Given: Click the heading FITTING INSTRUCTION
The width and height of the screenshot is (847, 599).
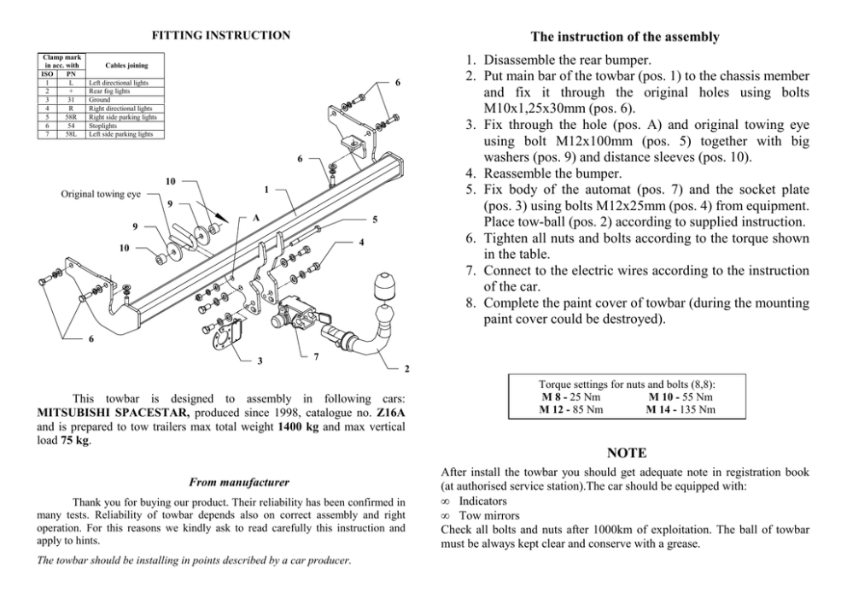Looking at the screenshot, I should tap(220, 35).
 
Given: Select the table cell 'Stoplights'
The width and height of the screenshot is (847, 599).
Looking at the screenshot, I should tap(102, 126).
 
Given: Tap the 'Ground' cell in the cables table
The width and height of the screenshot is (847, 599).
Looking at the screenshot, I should tap(99, 100).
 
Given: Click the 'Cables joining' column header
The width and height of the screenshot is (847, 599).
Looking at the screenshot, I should tap(126, 65).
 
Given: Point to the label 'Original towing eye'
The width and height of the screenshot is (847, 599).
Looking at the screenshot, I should tap(101, 194).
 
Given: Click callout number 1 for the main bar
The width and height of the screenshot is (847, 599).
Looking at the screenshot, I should tap(266, 189).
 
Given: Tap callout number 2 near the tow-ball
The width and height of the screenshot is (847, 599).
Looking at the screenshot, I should tap(407, 368).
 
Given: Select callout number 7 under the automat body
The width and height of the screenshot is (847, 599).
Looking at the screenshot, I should tap(316, 355).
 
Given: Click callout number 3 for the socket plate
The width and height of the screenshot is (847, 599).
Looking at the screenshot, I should tap(260, 361).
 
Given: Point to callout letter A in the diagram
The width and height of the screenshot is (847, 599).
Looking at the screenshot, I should tap(255, 218).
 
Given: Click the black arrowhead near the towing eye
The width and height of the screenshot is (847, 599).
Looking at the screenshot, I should tap(222, 220).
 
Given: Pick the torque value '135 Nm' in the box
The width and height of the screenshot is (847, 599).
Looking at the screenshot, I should tap(697, 409).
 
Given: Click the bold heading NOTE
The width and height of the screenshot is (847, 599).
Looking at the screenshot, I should tap(626, 452).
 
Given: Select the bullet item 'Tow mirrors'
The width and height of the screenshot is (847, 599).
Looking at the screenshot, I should tap(489, 515).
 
